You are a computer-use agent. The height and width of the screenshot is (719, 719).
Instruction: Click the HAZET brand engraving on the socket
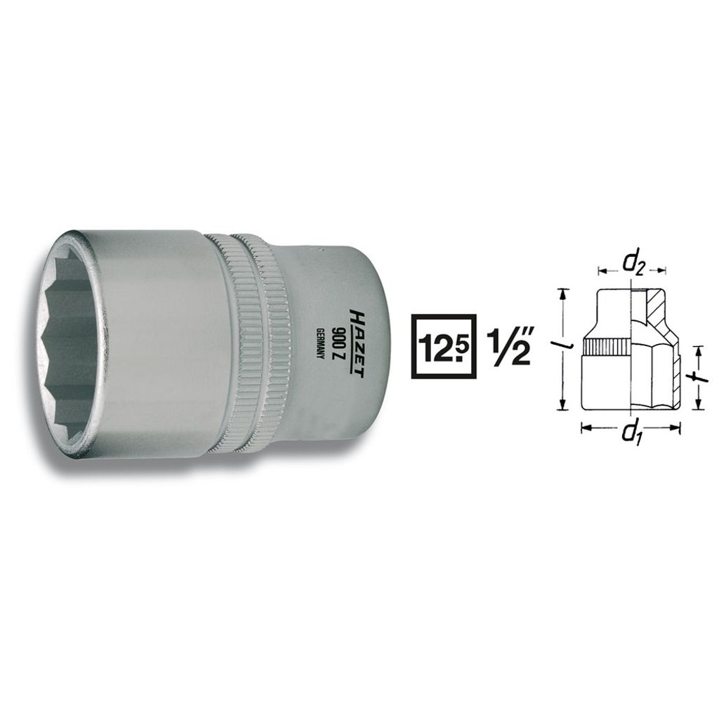[x=357, y=344]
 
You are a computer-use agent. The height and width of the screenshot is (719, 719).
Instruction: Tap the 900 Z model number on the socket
[x=341, y=344]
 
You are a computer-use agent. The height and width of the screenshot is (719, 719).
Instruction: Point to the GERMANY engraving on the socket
[x=322, y=344]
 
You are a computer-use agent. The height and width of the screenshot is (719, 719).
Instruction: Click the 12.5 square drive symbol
[x=444, y=346]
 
